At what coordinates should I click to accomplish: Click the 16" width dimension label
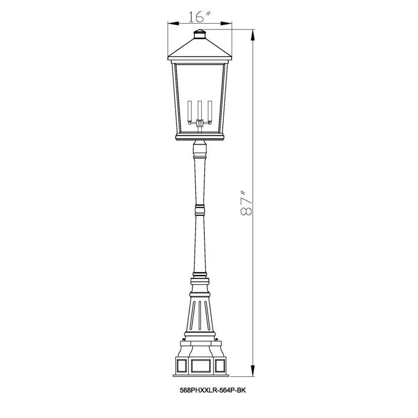coord(199,17)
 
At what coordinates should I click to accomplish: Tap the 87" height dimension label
coord(246,203)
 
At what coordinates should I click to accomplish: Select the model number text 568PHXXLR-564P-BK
coord(213,390)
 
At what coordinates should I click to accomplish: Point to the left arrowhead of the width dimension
coord(173,24)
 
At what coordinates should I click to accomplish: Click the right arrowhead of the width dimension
coord(226,24)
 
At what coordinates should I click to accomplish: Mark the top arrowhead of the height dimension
coord(253,35)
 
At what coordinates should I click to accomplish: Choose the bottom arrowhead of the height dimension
coord(253,371)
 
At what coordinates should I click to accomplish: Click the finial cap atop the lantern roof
coord(200,34)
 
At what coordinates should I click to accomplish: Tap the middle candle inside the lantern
coord(199,110)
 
